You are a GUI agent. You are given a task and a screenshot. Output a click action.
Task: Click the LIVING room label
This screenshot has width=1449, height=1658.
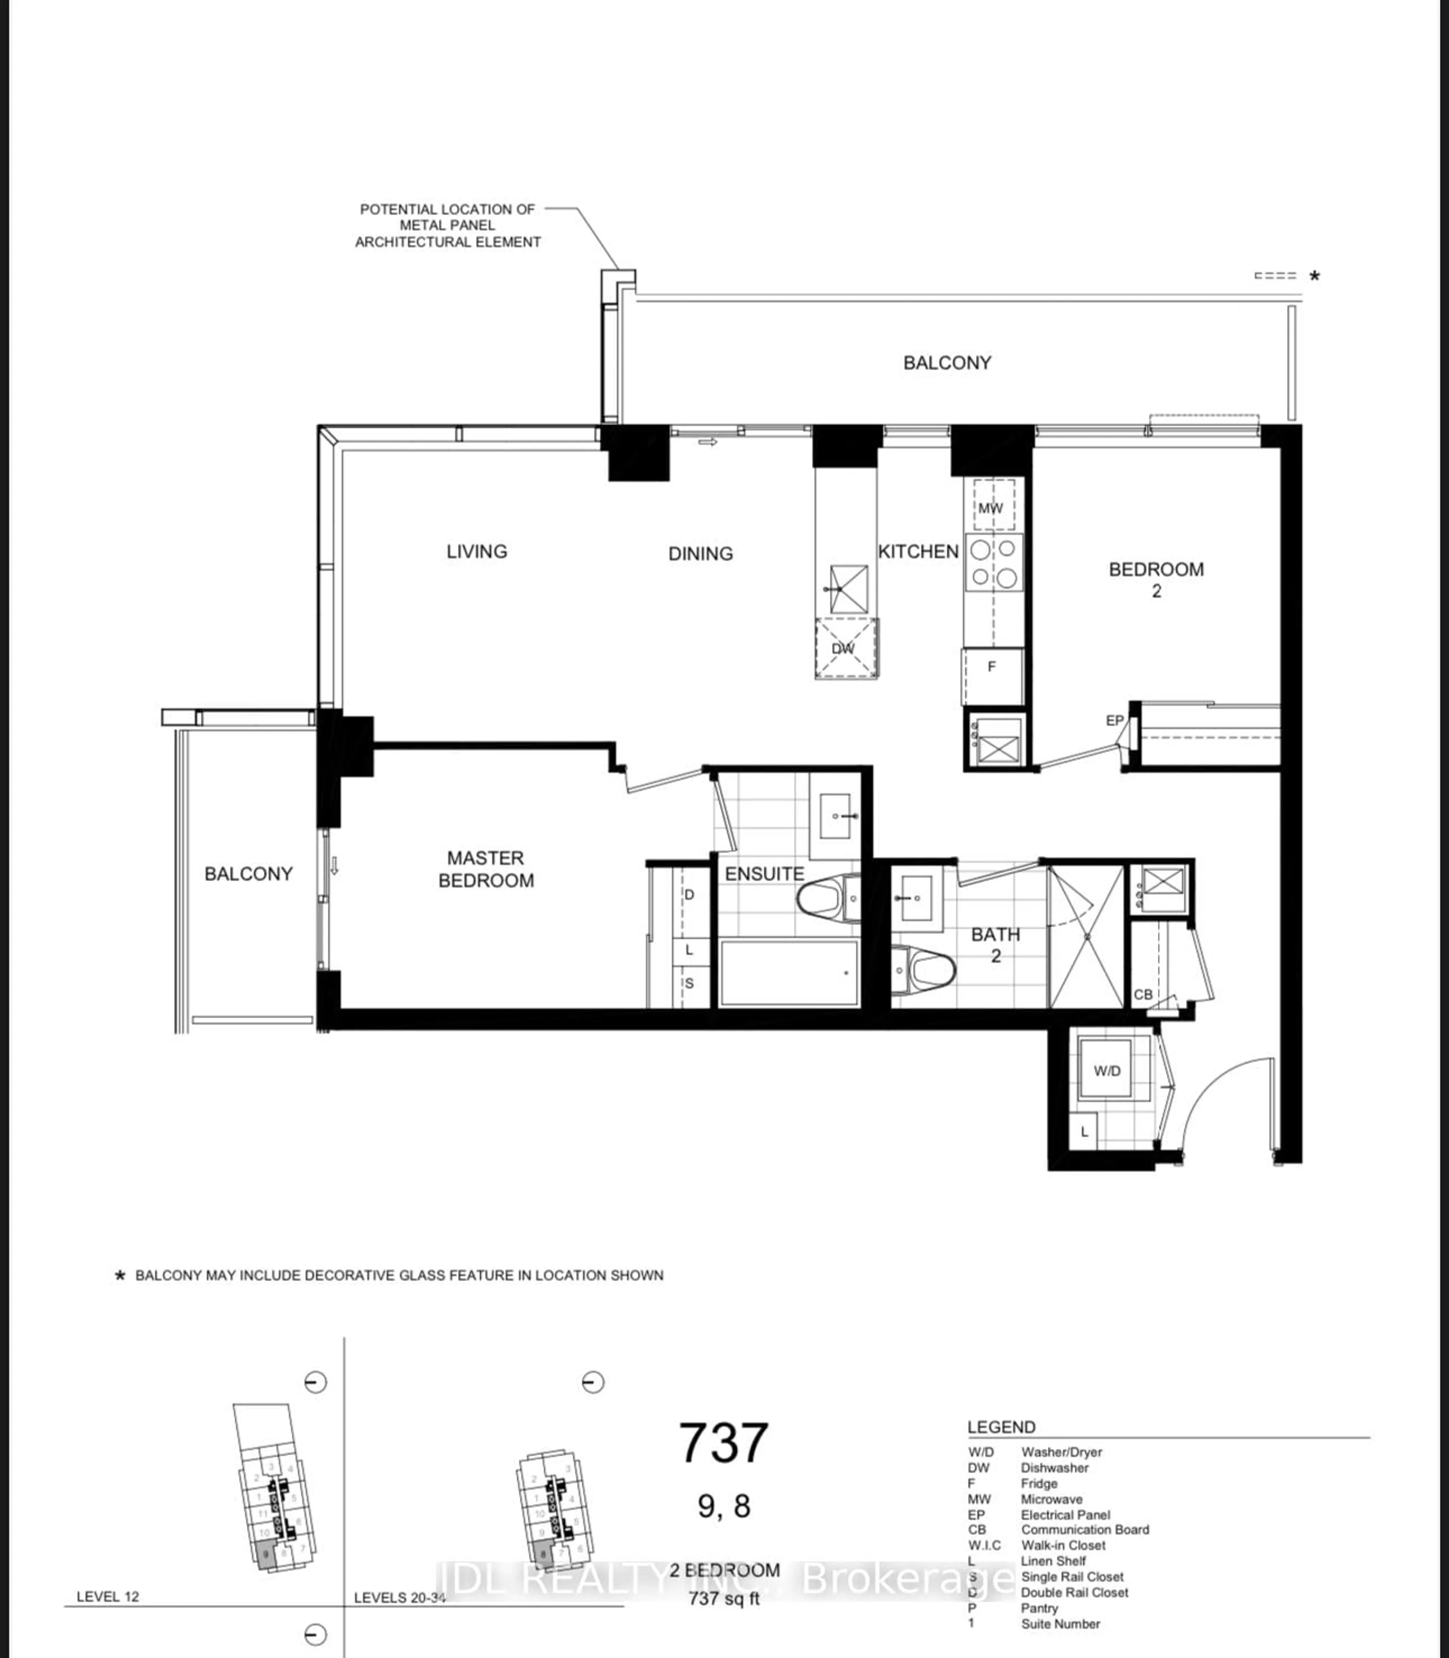[x=476, y=551]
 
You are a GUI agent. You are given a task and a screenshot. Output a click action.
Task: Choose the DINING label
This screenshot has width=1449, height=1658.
[x=700, y=554]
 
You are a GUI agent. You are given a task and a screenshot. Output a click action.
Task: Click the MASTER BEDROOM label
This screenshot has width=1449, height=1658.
[x=486, y=869]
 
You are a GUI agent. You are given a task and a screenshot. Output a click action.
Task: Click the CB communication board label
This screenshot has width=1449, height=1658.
[x=1143, y=994]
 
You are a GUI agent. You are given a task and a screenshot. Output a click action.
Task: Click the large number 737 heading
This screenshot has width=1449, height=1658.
[x=723, y=1444]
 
